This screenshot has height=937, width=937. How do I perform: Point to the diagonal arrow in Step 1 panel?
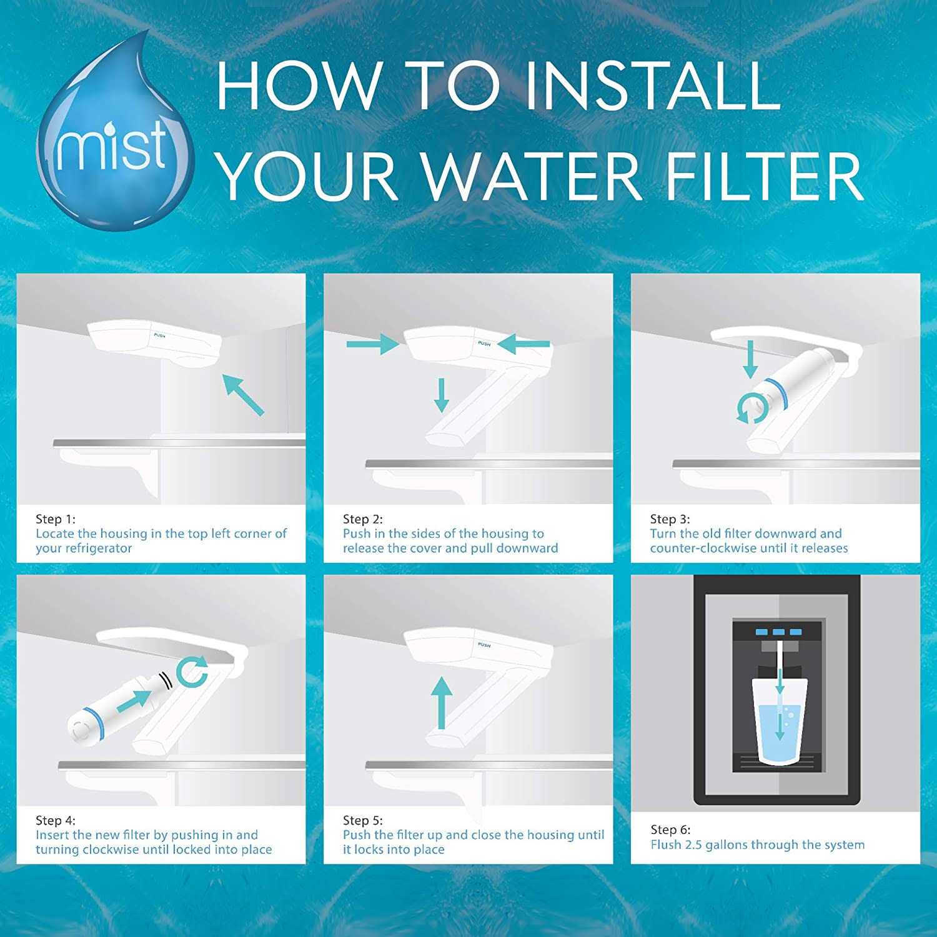click(244, 394)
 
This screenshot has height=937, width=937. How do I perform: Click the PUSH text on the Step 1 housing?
click(161, 335)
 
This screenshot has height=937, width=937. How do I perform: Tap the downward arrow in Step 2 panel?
click(442, 395)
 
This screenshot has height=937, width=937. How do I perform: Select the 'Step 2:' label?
click(363, 519)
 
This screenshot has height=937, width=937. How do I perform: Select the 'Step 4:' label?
click(56, 820)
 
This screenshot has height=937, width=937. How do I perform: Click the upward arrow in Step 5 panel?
click(442, 703)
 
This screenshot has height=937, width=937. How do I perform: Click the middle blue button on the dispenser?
click(778, 632)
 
